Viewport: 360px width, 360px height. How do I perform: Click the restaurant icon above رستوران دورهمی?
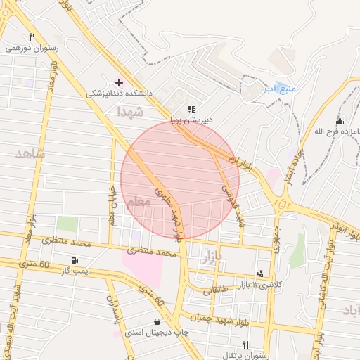point(32,37)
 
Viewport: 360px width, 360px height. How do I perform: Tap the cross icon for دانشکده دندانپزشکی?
point(119,82)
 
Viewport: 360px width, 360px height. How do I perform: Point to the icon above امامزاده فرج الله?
point(340,122)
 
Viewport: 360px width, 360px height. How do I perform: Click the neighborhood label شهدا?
point(131,112)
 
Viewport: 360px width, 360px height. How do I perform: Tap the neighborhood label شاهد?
point(30,153)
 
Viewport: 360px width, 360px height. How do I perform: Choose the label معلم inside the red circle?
point(138,202)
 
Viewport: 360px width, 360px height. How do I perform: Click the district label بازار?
point(212,258)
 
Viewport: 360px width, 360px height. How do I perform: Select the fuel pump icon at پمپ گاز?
point(75,260)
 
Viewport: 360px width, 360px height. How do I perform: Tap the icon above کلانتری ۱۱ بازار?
point(261,274)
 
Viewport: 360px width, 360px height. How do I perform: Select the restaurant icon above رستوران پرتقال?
point(245,345)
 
